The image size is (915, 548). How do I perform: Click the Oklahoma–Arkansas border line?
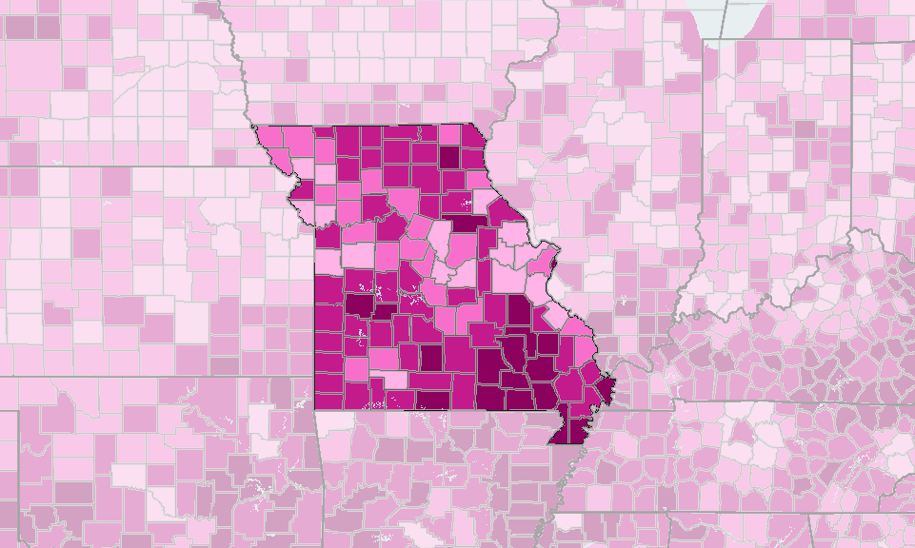pos(319,476)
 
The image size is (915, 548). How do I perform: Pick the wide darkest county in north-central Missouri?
pos(462,223)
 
